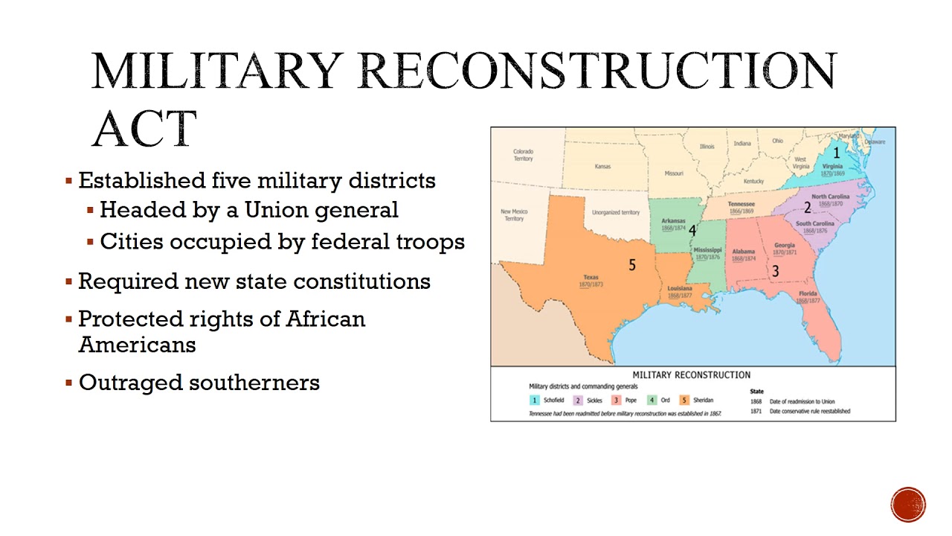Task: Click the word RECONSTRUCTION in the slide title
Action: click(599, 71)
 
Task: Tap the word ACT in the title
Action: click(144, 128)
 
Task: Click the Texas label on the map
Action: click(591, 278)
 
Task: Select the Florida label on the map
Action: click(808, 294)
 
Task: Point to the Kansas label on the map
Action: click(602, 166)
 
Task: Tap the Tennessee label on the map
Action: click(741, 204)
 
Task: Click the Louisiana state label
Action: click(680, 288)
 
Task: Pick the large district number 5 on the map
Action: click(632, 265)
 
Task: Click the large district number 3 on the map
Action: click(776, 271)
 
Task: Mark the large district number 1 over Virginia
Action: click(836, 153)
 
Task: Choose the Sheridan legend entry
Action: click(703, 401)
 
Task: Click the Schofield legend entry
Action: click(553, 401)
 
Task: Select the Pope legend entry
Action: click(631, 401)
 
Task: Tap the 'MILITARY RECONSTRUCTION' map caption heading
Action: click(691, 375)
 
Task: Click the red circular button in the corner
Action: click(908, 505)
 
